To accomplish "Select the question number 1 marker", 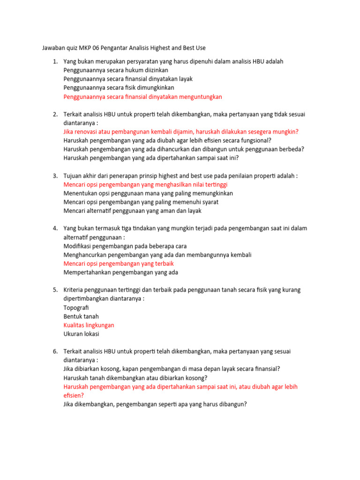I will tap(55, 61).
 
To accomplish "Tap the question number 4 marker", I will tap(55, 228).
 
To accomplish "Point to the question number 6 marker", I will tap(55, 351).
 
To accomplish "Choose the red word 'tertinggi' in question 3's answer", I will tap(214, 185).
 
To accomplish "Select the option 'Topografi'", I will tap(76, 307).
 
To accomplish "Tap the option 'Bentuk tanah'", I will tap(81, 316).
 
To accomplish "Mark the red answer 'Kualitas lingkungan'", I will tap(89, 325).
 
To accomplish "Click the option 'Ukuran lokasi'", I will tap(81, 334).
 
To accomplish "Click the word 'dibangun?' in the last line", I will tap(232, 404).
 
